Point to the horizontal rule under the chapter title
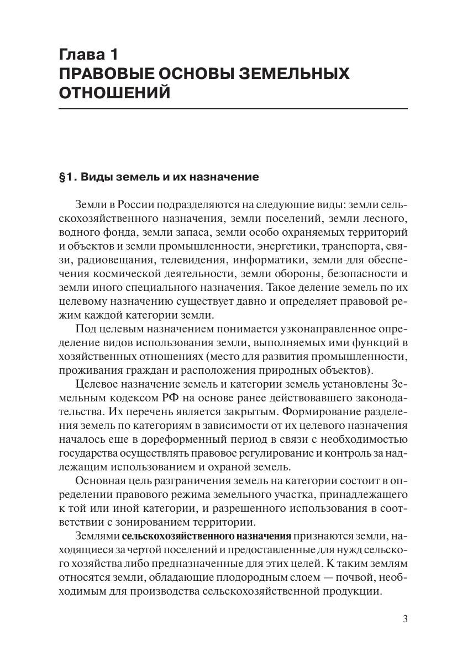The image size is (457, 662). point(233,109)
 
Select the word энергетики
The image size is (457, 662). point(282,243)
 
